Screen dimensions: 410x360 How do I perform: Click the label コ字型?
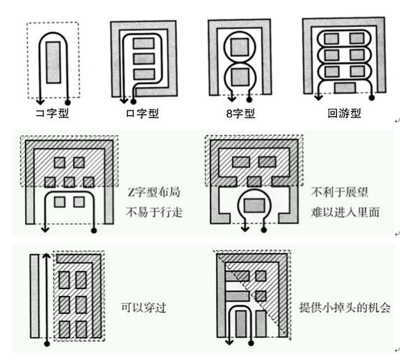click(52, 113)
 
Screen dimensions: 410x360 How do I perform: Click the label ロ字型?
click(142, 113)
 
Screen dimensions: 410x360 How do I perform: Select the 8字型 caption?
click(240, 113)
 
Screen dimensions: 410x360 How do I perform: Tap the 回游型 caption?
click(344, 113)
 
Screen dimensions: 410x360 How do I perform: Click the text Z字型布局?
click(154, 192)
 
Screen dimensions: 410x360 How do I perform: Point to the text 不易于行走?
click(154, 212)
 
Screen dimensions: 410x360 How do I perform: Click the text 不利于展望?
click(339, 192)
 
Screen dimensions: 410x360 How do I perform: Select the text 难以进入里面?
click(345, 212)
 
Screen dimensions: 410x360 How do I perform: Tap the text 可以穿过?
click(144, 307)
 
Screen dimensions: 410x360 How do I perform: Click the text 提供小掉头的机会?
click(345, 307)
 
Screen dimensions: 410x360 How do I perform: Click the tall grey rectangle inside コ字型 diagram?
click(54, 63)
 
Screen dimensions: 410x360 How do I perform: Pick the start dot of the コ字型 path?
click(67, 102)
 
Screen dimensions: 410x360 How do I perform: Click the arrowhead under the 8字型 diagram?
click(231, 99)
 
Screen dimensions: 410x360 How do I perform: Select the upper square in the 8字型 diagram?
click(240, 47)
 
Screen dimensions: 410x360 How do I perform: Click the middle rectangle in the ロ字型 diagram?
click(144, 59)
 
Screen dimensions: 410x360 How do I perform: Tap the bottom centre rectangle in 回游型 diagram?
click(345, 88)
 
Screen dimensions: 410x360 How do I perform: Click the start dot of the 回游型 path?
click(372, 98)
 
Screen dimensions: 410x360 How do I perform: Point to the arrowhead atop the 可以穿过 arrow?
click(47, 256)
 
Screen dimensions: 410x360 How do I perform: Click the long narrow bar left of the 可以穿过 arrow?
click(35, 296)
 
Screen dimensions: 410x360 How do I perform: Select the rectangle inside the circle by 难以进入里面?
click(254, 205)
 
